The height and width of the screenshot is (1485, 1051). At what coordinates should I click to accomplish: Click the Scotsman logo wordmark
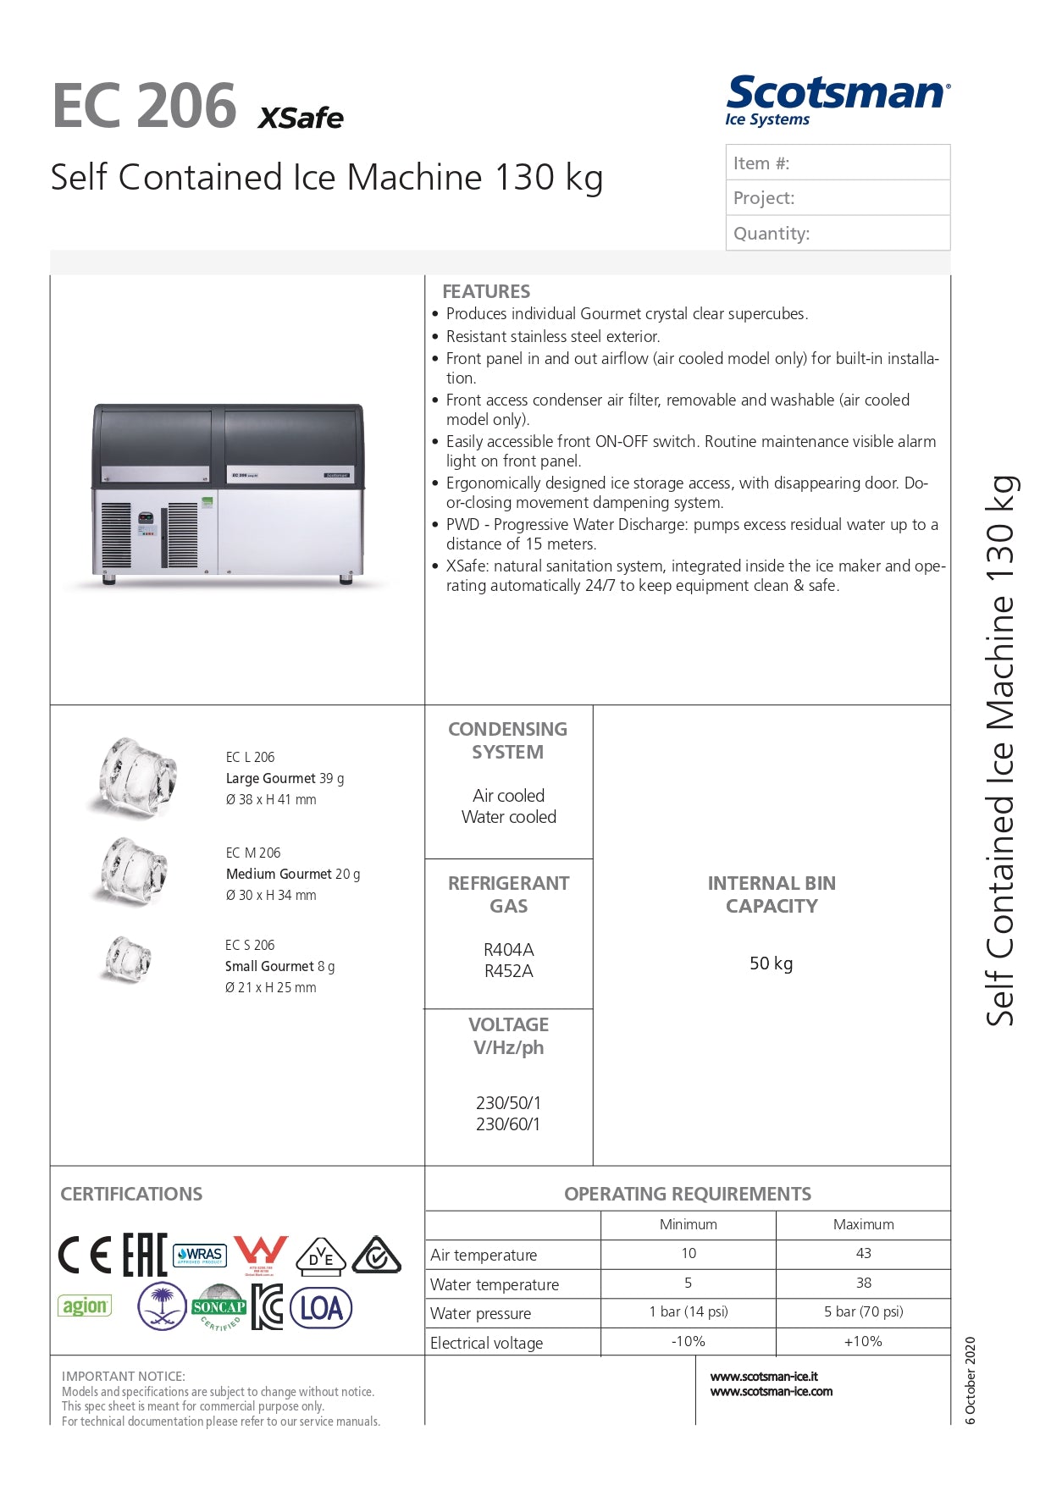[837, 93]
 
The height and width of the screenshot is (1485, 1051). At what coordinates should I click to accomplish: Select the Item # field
[837, 163]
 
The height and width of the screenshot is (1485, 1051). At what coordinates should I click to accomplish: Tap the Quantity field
[837, 233]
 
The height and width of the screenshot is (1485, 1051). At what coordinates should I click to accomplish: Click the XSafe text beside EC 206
[301, 118]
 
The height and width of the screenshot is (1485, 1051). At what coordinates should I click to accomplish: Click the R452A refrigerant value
[508, 971]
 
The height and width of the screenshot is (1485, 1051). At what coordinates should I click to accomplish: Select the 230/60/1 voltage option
[508, 1124]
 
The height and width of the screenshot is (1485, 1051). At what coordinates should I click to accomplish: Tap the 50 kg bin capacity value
[771, 963]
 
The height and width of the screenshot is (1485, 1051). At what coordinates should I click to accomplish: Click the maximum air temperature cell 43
[863, 1253]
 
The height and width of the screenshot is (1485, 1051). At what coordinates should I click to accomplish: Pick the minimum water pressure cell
[688, 1311]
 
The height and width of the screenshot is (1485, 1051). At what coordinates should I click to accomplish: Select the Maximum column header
[863, 1224]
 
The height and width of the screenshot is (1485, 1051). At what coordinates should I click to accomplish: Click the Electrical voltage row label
[486, 1343]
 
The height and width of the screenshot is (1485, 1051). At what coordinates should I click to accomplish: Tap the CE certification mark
[85, 1255]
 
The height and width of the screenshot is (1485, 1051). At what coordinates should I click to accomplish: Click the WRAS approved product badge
[199, 1255]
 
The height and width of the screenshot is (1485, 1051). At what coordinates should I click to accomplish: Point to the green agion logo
[85, 1306]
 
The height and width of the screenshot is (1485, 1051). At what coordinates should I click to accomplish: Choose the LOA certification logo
[321, 1308]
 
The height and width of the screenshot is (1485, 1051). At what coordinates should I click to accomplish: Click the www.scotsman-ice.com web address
[771, 1392]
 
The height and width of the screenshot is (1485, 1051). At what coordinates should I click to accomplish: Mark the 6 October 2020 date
[971, 1381]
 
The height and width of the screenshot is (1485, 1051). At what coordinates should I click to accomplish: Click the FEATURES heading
[486, 291]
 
